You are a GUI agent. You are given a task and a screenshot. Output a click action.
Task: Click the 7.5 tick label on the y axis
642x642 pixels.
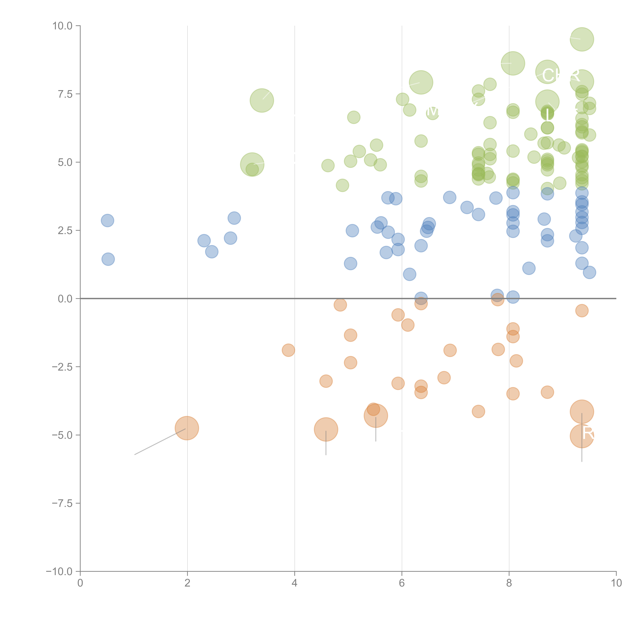coord(65,94)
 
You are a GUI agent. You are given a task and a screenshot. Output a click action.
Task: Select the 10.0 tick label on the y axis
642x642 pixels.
coord(63,26)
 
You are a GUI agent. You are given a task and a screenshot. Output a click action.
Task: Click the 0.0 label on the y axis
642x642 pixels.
coord(65,299)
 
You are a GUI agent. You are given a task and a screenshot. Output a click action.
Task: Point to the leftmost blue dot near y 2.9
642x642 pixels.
coord(107,220)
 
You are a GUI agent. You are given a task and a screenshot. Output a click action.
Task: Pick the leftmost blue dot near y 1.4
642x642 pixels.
coord(108,259)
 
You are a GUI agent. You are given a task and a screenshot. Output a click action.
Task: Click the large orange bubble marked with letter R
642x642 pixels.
coord(582,436)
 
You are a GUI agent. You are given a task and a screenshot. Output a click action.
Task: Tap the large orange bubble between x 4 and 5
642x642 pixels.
coord(326,429)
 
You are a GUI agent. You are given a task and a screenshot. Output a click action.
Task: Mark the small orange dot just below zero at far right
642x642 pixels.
coord(582,311)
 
